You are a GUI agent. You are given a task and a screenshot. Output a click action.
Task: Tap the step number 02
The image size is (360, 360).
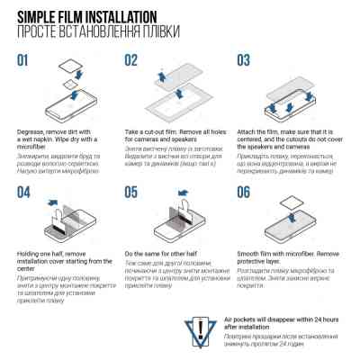[x=131, y=59]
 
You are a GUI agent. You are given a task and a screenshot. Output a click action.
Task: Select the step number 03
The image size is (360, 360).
[x=244, y=59]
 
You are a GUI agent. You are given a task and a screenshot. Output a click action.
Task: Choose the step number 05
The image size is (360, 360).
[x=131, y=192]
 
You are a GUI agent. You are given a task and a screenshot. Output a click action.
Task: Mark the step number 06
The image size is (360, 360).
[x=244, y=192]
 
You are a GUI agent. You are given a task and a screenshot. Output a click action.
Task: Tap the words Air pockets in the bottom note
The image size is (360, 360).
[x=249, y=321]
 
